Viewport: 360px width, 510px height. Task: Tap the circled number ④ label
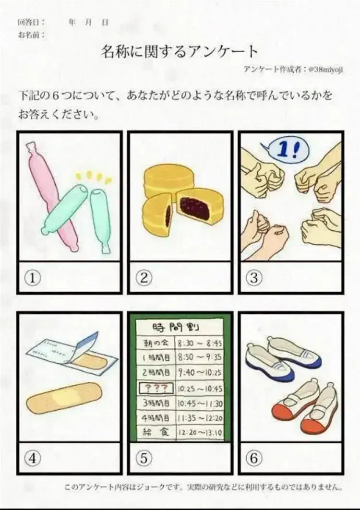(x=33, y=458)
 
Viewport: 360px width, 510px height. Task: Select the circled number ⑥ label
(x=254, y=458)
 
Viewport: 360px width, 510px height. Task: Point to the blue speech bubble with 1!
(x=287, y=150)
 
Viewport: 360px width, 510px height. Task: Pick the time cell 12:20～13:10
(x=200, y=432)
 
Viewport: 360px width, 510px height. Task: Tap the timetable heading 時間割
(x=177, y=327)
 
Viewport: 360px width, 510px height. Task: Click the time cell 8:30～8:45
(x=200, y=343)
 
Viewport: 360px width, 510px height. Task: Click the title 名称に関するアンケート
(x=180, y=51)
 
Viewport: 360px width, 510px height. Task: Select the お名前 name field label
(x=31, y=35)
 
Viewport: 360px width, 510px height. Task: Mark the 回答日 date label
(x=31, y=23)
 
